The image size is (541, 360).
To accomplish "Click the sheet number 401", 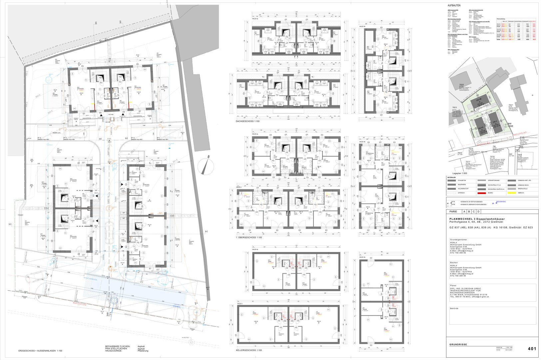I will pos(532,349).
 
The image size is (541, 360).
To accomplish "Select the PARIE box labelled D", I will pos(478,211).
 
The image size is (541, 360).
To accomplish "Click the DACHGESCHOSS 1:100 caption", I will pos(248,121).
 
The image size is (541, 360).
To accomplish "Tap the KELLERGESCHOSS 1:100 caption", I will pos(249,350).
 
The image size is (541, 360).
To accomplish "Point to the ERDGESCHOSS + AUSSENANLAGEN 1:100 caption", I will pos(40,351).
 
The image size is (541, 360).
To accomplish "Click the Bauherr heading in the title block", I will pos(454,263).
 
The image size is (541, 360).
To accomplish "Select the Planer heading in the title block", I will pos(453,286).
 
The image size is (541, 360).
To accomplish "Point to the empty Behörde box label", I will pos(454,309).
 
